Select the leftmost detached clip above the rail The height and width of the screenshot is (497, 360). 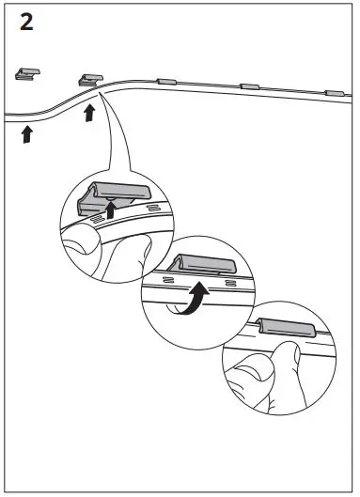pyautogui.click(x=27, y=72)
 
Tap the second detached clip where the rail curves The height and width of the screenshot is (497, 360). pyautogui.click(x=91, y=78)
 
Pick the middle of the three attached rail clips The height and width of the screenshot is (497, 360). pyautogui.click(x=249, y=87)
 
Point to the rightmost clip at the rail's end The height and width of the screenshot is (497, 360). pyautogui.click(x=334, y=93)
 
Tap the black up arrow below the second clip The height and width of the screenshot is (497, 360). pyautogui.click(x=89, y=114)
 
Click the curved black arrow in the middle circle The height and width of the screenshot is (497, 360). pyautogui.click(x=195, y=303)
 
